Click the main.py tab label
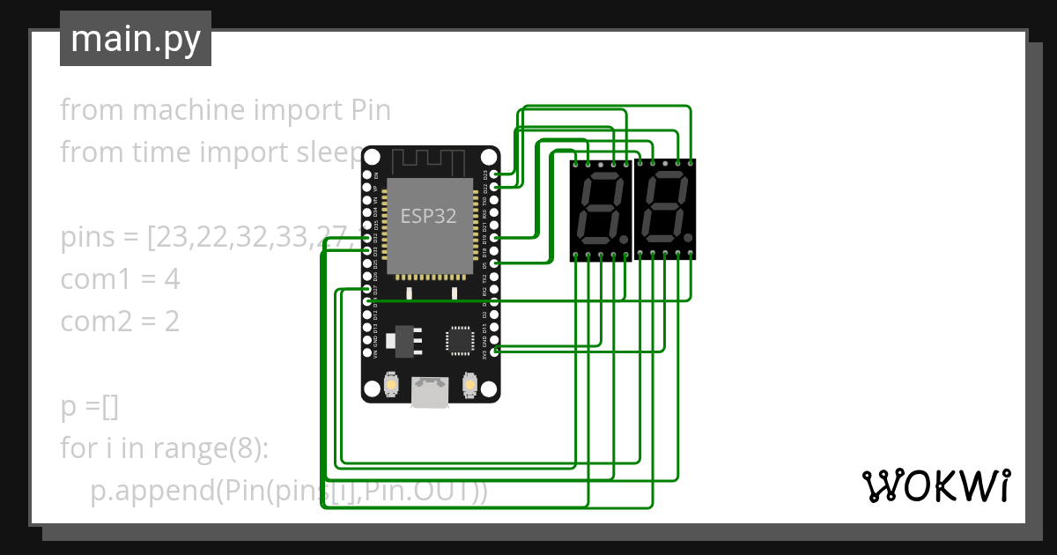(x=135, y=39)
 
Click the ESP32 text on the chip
(x=429, y=216)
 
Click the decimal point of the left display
(x=625, y=240)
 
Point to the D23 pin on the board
(x=494, y=174)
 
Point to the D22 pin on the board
(x=494, y=188)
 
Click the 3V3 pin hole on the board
(x=494, y=352)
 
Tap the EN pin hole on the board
(x=368, y=174)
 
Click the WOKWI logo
(x=935, y=485)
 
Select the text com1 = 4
(x=120, y=280)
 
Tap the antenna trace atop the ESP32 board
(x=429, y=162)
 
